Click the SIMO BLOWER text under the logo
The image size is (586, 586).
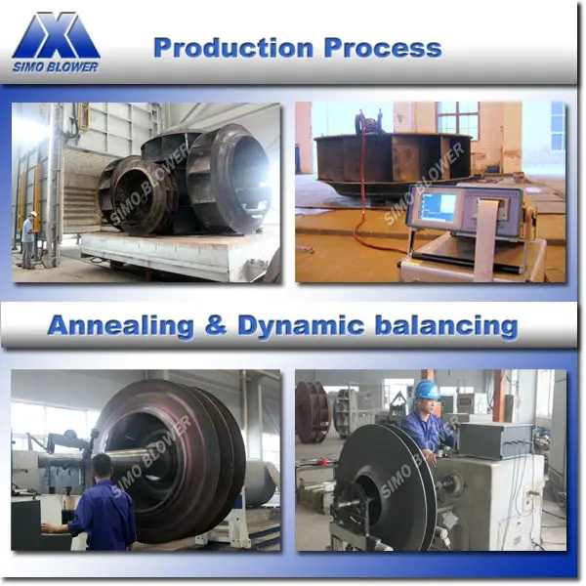56,65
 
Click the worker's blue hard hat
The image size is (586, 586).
426,390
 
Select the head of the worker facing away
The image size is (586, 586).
103,465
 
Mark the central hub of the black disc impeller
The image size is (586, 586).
360,504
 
